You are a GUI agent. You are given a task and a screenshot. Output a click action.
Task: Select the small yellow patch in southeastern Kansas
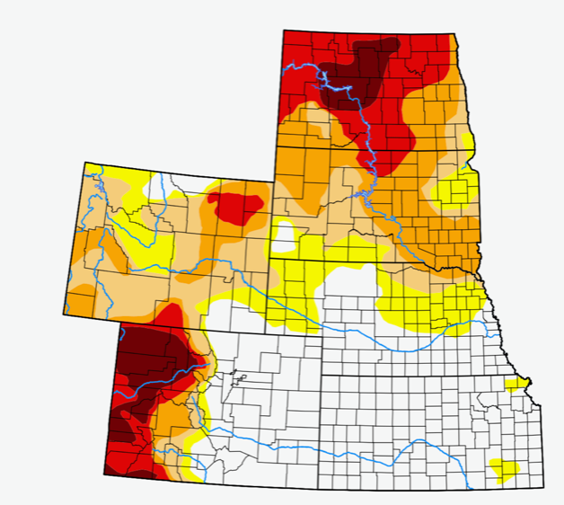click(505, 469)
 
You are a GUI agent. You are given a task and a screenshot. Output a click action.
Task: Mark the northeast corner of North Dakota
click(452, 36)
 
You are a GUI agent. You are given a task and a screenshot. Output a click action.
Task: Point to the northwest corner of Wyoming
click(85, 163)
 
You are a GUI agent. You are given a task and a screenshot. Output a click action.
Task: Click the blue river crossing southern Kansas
click(422, 458)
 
